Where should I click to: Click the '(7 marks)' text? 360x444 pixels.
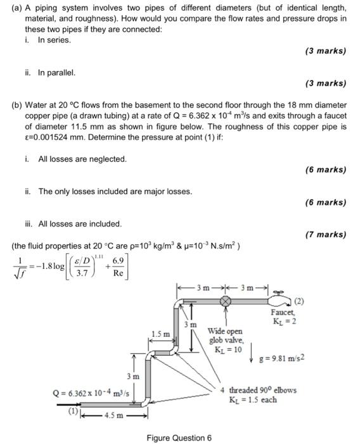point(326,234)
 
